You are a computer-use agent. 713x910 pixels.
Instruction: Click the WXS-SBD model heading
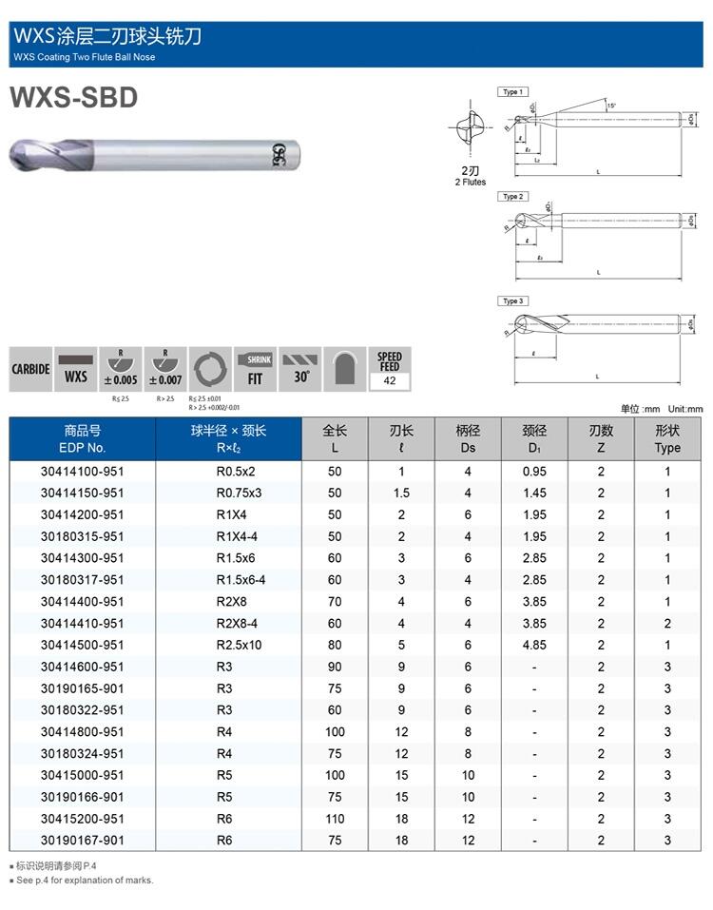click(73, 98)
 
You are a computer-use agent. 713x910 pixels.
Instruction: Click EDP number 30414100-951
click(83, 472)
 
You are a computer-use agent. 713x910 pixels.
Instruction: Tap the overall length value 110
click(335, 819)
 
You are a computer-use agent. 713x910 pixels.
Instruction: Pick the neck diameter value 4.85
click(534, 646)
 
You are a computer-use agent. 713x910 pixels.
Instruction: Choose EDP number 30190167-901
click(83, 841)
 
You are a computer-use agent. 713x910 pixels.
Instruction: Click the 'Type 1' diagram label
click(512, 92)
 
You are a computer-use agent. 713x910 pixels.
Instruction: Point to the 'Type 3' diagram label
click(512, 301)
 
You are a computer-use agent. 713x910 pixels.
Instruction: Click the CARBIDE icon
click(30, 368)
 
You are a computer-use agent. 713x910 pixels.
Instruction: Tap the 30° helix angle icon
click(301, 368)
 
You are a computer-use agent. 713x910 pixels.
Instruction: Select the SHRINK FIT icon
click(255, 368)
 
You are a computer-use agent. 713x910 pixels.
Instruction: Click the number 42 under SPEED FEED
click(390, 381)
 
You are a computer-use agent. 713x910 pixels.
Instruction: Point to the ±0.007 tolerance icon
click(165, 368)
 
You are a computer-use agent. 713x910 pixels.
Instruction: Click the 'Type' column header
click(667, 438)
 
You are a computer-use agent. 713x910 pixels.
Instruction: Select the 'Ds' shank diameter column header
click(468, 438)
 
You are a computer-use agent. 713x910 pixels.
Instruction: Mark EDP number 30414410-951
click(83, 624)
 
